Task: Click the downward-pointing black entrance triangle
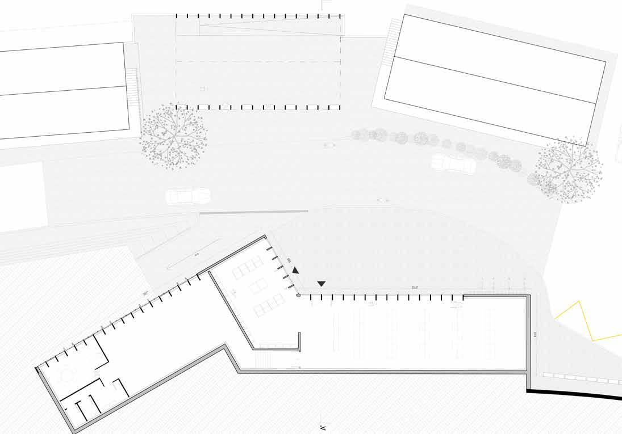point(322,283)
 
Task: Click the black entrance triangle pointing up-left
point(295,272)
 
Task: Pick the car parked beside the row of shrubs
point(453,163)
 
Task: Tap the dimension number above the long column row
point(415,288)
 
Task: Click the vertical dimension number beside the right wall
point(535,335)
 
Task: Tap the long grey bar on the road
point(252,212)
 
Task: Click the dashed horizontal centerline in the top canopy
point(258,61)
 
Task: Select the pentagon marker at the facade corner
point(299,295)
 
